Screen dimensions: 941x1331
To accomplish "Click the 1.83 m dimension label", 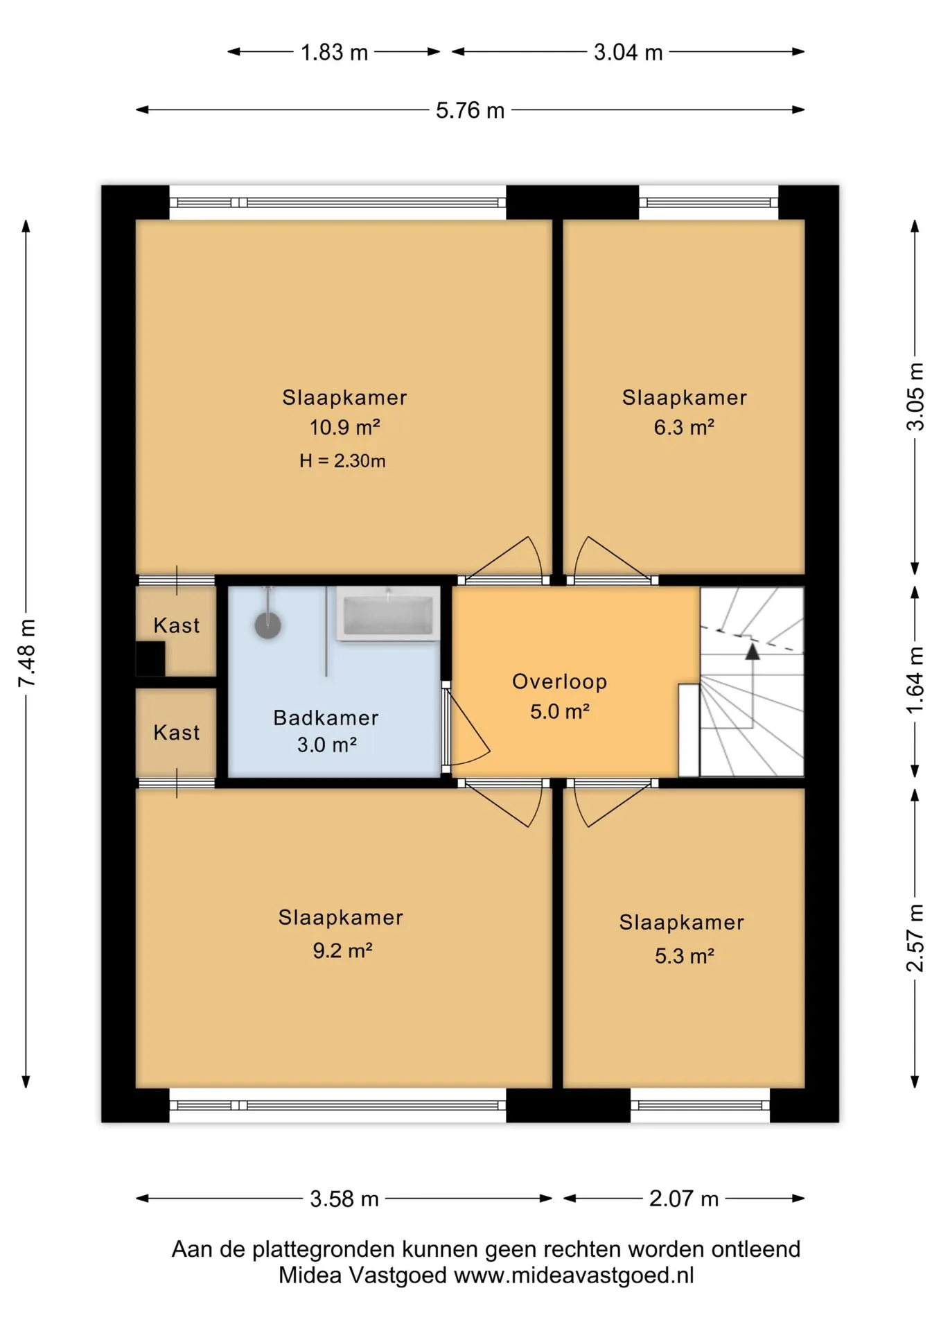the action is click(x=334, y=53).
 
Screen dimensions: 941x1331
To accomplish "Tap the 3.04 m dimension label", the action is click(x=628, y=53).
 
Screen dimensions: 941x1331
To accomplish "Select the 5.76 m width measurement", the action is click(x=470, y=111).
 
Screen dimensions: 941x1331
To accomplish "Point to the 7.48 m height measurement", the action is click(x=27, y=654).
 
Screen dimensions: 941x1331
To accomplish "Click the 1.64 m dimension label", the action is click(x=915, y=680).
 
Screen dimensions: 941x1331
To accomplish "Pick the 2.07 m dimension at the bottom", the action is click(x=683, y=1199).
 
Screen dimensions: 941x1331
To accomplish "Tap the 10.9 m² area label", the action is click(x=344, y=427).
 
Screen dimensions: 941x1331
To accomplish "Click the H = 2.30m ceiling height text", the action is click(x=342, y=461).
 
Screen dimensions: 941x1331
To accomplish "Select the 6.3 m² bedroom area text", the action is click(x=684, y=427).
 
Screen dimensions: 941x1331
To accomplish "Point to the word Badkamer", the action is click(x=326, y=717).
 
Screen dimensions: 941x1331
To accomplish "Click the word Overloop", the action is click(x=559, y=681).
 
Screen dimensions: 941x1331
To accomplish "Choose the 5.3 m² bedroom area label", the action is click(x=685, y=956).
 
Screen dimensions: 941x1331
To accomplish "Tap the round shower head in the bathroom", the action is click(x=268, y=625).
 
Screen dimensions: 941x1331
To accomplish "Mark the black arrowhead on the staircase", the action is click(x=753, y=651).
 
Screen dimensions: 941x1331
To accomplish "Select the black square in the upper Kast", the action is click(x=150, y=659).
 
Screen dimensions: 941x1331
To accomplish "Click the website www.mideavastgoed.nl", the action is click(x=574, y=1276).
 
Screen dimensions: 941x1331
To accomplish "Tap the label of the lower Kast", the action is click(x=177, y=733).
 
